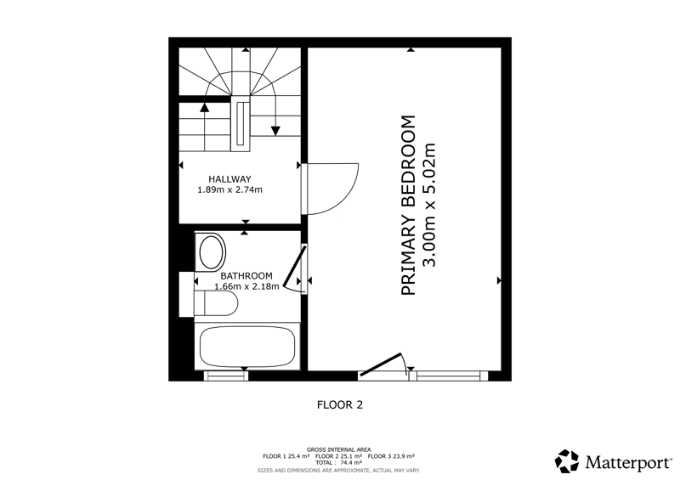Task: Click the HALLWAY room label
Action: [x=229, y=178]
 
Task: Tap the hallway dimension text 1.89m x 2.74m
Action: [x=229, y=189]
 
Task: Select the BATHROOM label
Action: [x=246, y=276]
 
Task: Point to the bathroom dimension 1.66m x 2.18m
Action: [x=246, y=286]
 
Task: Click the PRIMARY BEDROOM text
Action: [x=409, y=205]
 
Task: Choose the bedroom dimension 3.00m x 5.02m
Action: [x=428, y=205]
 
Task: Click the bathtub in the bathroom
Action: [x=247, y=347]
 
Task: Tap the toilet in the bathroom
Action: [x=216, y=303]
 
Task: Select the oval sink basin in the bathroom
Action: [x=211, y=252]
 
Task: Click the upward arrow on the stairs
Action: [x=205, y=127]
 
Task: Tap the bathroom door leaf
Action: [x=294, y=267]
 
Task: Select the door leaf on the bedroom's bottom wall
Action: [x=381, y=364]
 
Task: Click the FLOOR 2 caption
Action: [x=340, y=404]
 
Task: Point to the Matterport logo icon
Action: [x=567, y=461]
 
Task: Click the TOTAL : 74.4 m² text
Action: [x=338, y=463]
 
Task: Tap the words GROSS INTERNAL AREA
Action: [x=338, y=449]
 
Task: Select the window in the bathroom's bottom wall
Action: [x=226, y=376]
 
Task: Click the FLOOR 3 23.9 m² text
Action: [x=391, y=456]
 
